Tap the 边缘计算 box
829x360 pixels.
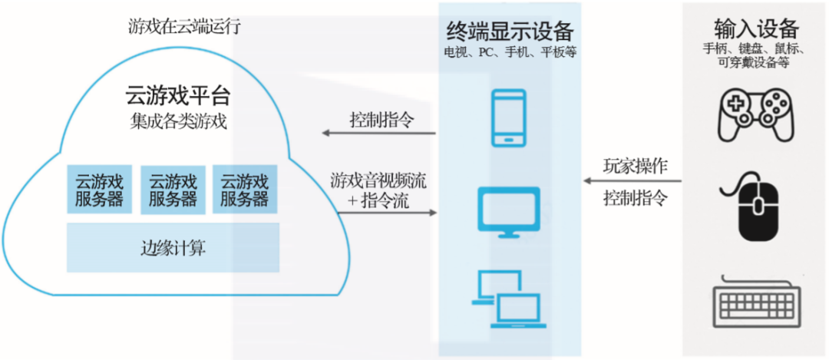[173, 248]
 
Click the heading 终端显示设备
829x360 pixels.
[510, 31]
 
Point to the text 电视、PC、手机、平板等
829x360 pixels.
[510, 52]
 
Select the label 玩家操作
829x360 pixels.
[635, 165]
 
